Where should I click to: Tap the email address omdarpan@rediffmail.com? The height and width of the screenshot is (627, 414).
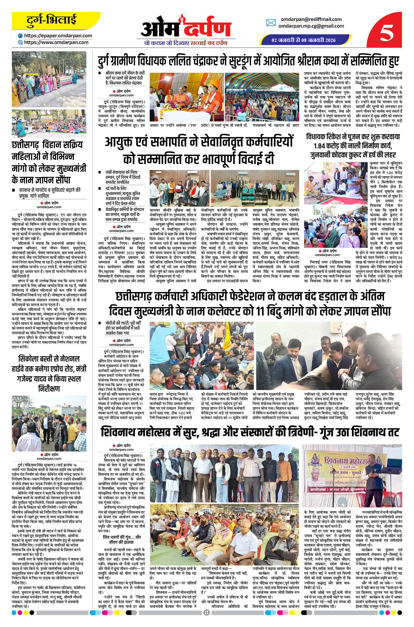coord(311,19)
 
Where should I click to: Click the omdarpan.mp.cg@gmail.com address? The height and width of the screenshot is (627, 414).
coord(311,26)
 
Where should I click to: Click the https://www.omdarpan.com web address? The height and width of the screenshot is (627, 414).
coord(56,42)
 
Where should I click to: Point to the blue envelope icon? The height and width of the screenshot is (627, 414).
coord(271,23)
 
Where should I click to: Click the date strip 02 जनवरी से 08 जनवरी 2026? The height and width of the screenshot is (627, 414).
coord(303,40)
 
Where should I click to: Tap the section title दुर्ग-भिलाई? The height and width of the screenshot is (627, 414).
coord(51,21)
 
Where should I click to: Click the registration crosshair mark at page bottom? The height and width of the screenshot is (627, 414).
coord(207,621)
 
